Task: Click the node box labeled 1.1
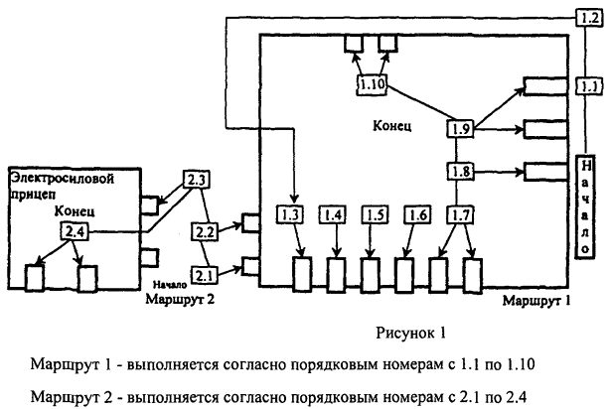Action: (x=588, y=87)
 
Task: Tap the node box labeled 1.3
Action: (x=291, y=214)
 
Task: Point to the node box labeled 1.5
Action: (x=375, y=214)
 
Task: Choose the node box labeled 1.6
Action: (x=416, y=214)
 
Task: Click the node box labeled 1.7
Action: (x=459, y=214)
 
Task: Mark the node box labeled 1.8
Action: (x=459, y=171)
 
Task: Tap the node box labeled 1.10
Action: (x=373, y=84)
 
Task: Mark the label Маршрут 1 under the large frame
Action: (x=536, y=298)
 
